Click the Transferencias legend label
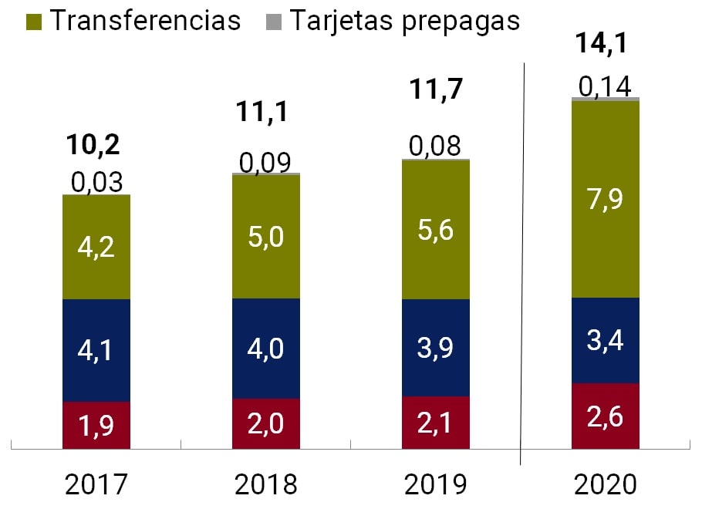click(x=146, y=20)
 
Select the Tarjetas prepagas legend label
click(x=405, y=20)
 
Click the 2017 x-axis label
click(x=96, y=484)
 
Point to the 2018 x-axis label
click(x=266, y=484)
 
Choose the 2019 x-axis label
click(x=436, y=484)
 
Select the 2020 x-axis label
click(x=606, y=484)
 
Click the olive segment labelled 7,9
click(x=606, y=199)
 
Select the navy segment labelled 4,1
click(x=96, y=350)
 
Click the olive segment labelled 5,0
click(x=266, y=237)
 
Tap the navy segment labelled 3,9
click(x=436, y=348)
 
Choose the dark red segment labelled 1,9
click(x=96, y=425)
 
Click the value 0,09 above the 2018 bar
click(x=265, y=163)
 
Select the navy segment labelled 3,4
click(x=606, y=340)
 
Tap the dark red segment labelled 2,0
click(x=266, y=423)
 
